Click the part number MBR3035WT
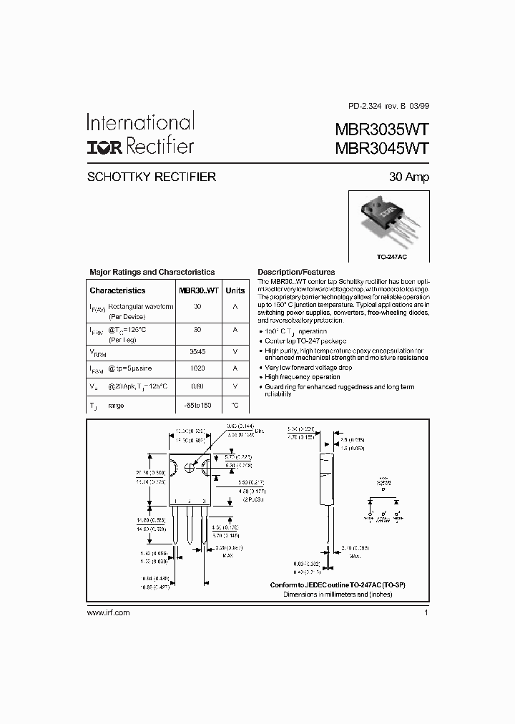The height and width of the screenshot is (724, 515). (x=382, y=129)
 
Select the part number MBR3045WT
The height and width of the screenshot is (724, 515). (x=382, y=148)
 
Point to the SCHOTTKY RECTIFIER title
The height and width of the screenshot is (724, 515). (x=151, y=177)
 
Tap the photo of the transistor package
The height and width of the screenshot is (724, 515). (x=388, y=219)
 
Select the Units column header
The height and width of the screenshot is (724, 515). (x=235, y=290)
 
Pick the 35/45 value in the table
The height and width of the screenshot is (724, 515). (x=197, y=351)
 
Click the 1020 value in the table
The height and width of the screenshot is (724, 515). (x=197, y=368)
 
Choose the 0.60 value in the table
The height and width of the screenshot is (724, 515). (x=197, y=386)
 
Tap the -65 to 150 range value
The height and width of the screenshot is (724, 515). (x=197, y=405)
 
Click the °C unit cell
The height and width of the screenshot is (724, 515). (x=235, y=405)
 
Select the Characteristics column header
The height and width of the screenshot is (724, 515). (x=117, y=290)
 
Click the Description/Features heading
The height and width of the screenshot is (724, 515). (x=296, y=272)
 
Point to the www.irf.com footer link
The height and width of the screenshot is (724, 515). (x=108, y=612)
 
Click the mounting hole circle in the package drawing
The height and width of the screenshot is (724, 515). (x=190, y=466)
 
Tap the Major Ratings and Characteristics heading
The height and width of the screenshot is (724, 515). (x=152, y=272)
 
